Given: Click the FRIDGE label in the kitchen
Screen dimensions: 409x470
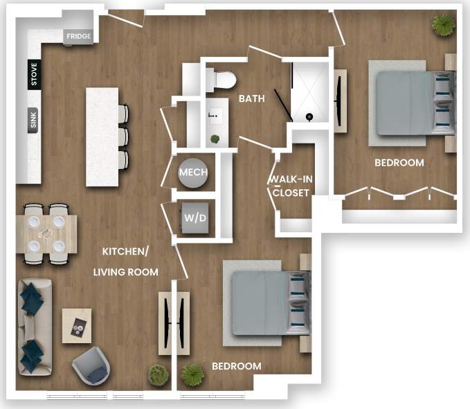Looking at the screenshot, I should tap(78, 37).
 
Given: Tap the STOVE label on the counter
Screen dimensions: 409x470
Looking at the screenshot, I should tap(34, 75).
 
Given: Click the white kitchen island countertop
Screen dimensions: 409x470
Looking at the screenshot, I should tap(102, 136).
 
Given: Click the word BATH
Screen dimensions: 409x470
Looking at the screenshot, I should tap(251, 99).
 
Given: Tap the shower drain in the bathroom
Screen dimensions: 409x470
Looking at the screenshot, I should tap(310, 117).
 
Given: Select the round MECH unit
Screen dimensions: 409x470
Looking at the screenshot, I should tap(193, 173).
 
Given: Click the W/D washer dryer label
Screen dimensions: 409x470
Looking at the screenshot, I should tap(194, 218).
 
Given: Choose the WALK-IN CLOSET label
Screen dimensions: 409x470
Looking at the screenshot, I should tap(291, 186).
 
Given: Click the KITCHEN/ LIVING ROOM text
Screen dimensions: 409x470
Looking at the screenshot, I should tap(126, 261).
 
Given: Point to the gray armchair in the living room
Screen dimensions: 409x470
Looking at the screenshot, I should tap(91, 365).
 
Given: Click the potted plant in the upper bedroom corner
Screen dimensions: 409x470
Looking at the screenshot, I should tap(443, 25).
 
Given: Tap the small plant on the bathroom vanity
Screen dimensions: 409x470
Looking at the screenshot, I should tap(215, 139).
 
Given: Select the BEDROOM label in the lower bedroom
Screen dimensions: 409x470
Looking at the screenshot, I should tap(237, 366).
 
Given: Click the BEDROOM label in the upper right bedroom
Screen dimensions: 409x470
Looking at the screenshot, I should tap(399, 163).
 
